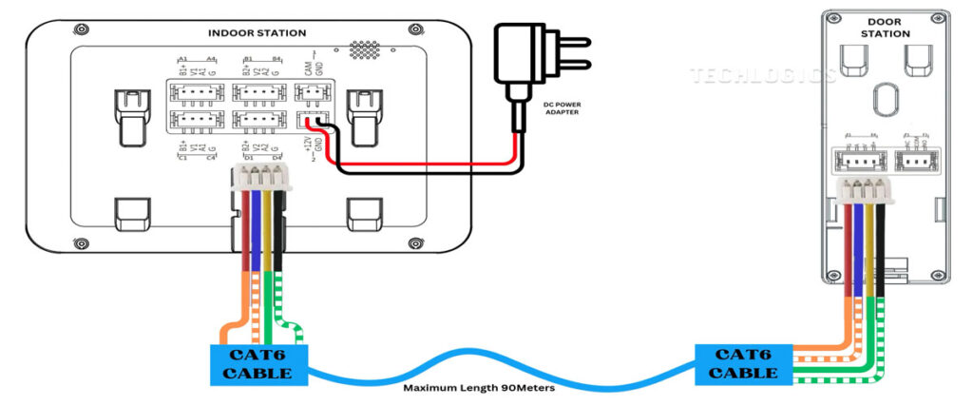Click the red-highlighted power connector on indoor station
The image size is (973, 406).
[x=310, y=121]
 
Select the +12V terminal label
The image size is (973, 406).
[x=307, y=146]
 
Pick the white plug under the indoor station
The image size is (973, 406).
[x=261, y=178]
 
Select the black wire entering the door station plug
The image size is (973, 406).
[x=882, y=238]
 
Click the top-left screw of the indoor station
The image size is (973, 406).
[x=83, y=30]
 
